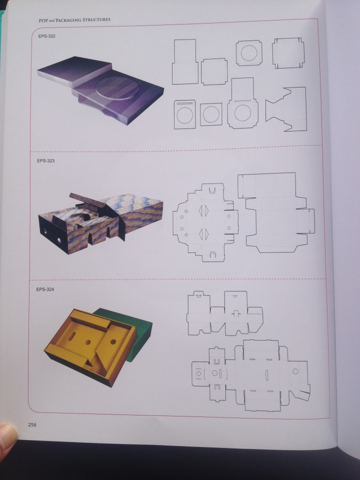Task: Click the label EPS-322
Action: point(47,36)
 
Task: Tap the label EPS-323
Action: point(45,160)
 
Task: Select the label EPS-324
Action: point(45,289)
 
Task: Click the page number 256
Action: point(32,424)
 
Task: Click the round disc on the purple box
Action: point(117,88)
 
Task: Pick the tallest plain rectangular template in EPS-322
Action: point(185,61)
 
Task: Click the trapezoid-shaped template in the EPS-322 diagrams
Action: point(286,109)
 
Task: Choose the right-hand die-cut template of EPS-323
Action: point(276,212)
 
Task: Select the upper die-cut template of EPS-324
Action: point(224,313)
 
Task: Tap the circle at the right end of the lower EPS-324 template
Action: point(295,371)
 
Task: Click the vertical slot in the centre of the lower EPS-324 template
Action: point(266,375)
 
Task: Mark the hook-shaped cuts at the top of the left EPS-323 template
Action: point(212,190)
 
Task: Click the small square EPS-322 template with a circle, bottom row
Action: point(211,114)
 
